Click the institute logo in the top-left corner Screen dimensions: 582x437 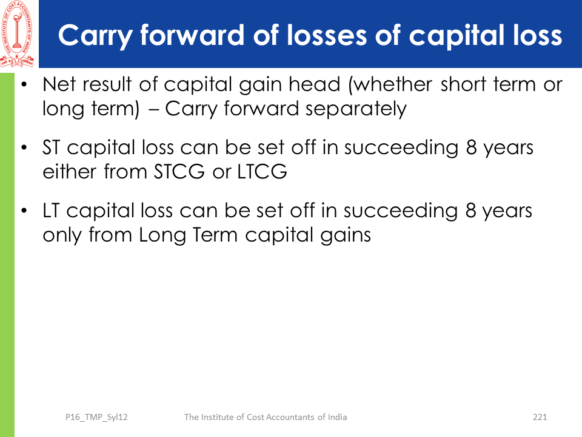(x=17, y=34)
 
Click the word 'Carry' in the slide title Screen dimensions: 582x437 (x=95, y=36)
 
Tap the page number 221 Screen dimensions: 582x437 (x=540, y=417)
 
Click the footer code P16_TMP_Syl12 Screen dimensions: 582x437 (x=96, y=418)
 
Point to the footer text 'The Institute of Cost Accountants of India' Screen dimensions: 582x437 (x=266, y=417)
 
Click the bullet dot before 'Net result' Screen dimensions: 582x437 (x=24, y=84)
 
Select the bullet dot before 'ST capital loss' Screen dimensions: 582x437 (x=24, y=147)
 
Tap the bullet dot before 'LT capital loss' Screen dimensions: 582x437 (x=24, y=211)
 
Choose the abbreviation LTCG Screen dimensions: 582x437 (x=262, y=172)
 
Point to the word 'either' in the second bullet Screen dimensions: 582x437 (x=69, y=171)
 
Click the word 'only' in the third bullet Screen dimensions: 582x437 (x=62, y=235)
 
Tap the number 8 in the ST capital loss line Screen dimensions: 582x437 (x=471, y=147)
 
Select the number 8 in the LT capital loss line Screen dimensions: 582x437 (x=470, y=211)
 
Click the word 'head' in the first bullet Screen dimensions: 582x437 (x=315, y=84)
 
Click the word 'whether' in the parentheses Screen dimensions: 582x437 (x=390, y=84)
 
